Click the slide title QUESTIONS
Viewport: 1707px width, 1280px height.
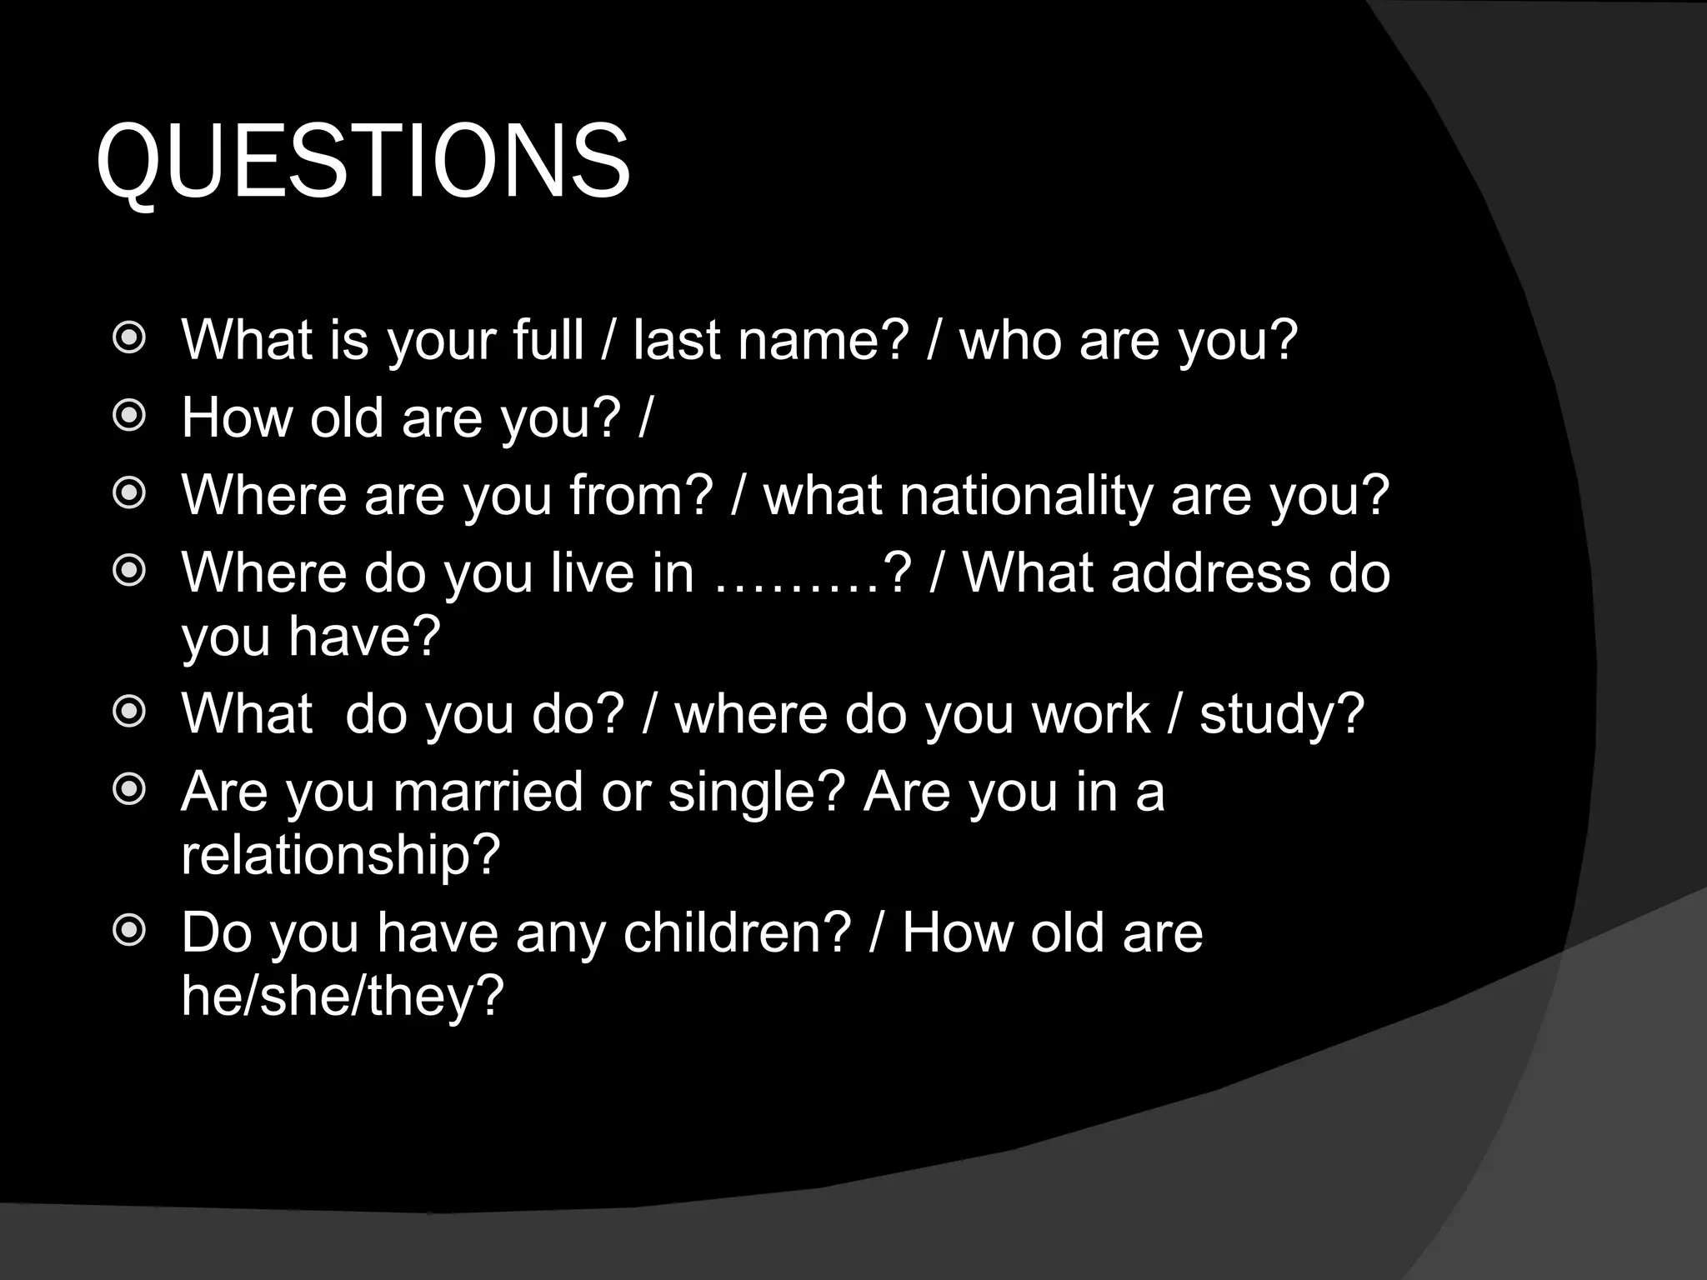[363, 162]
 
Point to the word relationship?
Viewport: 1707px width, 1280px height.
[340, 854]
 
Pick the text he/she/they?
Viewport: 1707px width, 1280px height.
[343, 995]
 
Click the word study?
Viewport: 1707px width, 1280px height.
[1282, 714]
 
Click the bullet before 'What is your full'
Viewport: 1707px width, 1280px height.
[129, 339]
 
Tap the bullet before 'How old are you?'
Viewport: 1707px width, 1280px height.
[129, 417]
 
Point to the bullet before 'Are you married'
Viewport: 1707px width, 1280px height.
[129, 790]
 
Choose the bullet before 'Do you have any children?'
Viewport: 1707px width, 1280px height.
[129, 931]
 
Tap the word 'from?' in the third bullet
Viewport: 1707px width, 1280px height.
[642, 495]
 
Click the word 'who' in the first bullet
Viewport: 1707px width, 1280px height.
[1010, 340]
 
